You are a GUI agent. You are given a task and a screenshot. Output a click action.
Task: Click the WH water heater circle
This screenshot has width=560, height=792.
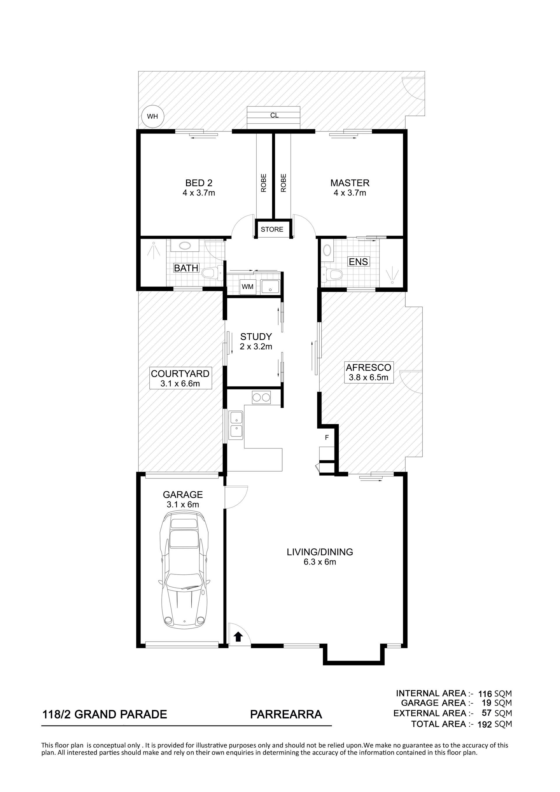coord(153,116)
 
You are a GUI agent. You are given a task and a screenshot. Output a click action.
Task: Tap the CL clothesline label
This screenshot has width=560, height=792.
coord(274,115)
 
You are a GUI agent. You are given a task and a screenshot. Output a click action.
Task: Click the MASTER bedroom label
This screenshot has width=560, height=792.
coord(350,183)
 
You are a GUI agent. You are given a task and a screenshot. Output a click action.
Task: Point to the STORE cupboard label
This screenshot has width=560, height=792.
coord(272,229)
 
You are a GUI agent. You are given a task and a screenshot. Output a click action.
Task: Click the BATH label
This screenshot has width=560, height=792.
coord(186,268)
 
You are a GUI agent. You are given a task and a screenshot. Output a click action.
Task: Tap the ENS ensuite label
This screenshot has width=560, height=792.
coord(358,262)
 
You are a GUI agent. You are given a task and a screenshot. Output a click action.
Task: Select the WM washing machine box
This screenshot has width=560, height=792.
coord(248,287)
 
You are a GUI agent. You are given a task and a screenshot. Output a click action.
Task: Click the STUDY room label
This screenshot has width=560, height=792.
coord(256,337)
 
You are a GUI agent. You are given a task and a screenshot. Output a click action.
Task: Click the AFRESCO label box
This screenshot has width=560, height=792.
coord(368,372)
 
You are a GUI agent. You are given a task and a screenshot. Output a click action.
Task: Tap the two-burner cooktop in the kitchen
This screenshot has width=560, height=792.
coord(261,398)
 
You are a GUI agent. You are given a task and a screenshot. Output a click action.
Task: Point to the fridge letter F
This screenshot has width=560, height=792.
coord(327,438)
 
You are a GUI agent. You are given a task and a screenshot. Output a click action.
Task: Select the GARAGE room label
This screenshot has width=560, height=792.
coord(183,495)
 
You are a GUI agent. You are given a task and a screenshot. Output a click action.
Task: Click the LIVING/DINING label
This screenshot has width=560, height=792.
coord(320,552)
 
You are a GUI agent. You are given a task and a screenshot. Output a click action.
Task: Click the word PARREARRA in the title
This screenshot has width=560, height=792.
coord(286,714)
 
